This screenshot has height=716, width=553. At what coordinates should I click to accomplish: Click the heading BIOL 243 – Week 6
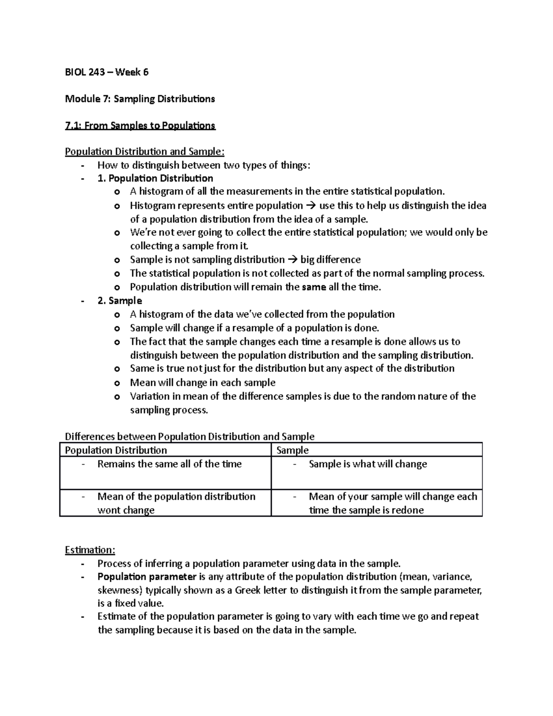(x=106, y=72)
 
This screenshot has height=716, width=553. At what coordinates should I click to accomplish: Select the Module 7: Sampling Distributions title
(x=140, y=99)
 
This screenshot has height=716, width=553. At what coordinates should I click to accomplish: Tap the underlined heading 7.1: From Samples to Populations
(x=140, y=125)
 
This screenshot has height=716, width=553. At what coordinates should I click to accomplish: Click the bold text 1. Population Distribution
(x=155, y=178)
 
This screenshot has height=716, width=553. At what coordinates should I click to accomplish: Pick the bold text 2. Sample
(x=120, y=301)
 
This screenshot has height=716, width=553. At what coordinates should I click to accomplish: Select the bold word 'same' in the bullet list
(x=313, y=287)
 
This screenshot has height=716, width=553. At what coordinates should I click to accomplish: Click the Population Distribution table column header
(x=116, y=450)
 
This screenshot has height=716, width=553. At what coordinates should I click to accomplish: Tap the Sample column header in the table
(x=292, y=450)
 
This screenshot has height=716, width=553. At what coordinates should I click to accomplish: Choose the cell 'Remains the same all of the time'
(x=169, y=464)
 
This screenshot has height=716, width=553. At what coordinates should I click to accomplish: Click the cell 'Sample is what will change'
(x=368, y=464)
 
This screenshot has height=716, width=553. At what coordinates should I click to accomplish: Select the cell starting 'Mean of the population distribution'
(x=176, y=503)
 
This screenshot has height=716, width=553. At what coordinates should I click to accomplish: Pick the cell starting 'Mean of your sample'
(x=393, y=503)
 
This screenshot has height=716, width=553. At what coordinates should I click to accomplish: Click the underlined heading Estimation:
(x=90, y=550)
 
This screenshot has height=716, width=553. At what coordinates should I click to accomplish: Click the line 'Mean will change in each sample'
(x=202, y=383)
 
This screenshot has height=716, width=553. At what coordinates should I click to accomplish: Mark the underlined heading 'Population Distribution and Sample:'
(x=145, y=152)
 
